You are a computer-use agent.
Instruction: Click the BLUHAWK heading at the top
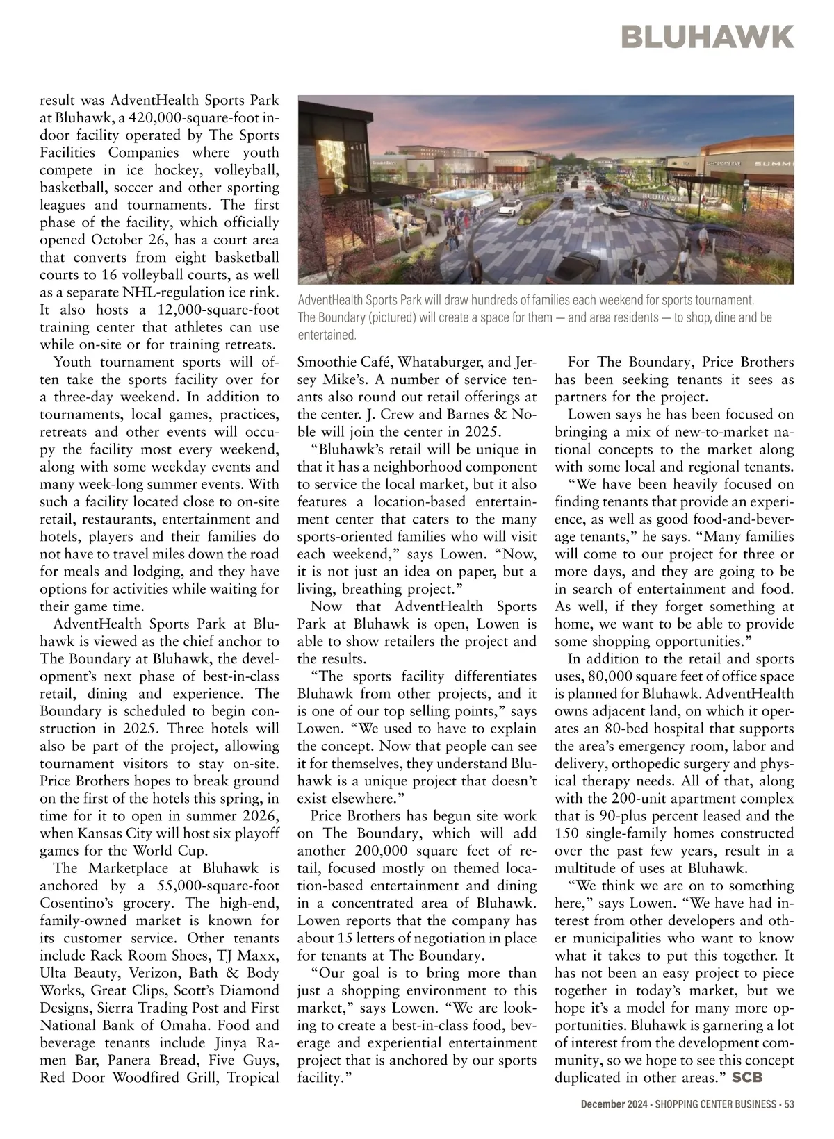(x=708, y=37)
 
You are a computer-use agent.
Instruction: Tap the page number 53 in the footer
(x=788, y=1104)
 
